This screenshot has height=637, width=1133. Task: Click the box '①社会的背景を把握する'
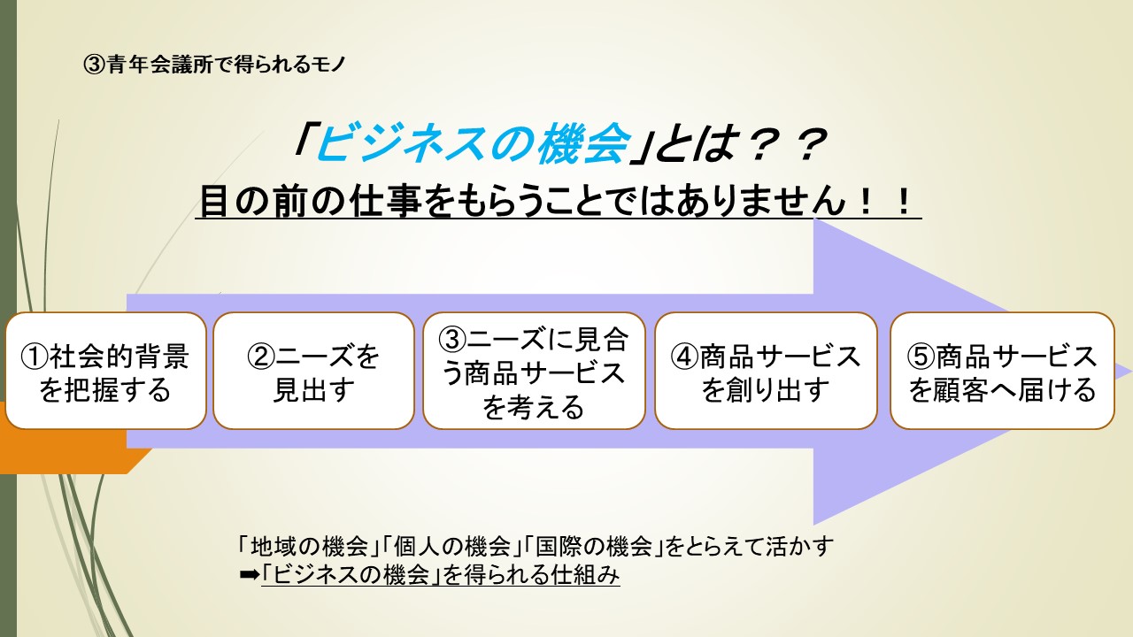(105, 371)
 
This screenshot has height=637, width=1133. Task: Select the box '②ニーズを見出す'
(313, 371)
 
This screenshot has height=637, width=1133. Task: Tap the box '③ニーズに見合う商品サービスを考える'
(534, 371)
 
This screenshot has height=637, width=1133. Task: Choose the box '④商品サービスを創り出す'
(766, 371)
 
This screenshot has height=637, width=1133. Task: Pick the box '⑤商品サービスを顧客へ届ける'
(1002, 371)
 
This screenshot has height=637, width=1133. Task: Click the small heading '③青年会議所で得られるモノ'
(214, 65)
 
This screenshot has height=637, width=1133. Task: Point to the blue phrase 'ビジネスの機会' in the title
(473, 143)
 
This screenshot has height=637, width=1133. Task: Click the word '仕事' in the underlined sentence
(387, 201)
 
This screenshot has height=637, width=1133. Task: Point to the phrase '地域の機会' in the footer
(310, 546)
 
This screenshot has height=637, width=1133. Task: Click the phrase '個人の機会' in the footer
(452, 546)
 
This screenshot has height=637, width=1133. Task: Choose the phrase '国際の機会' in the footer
(594, 546)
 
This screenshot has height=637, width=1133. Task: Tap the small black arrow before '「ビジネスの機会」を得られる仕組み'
(250, 575)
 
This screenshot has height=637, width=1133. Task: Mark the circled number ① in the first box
(35, 357)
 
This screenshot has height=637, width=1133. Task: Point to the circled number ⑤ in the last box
(921, 356)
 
